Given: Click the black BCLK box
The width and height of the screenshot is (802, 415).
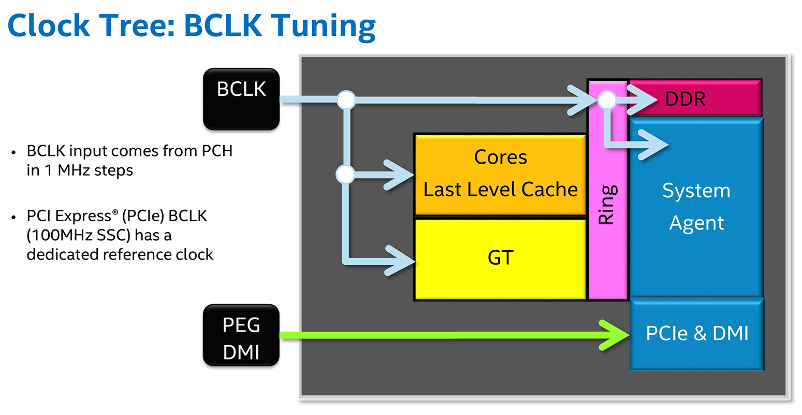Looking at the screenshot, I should pyautogui.click(x=241, y=98).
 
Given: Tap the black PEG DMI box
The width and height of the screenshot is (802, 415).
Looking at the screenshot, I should pyautogui.click(x=241, y=336).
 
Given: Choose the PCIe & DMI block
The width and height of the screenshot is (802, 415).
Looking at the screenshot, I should pyautogui.click(x=697, y=334).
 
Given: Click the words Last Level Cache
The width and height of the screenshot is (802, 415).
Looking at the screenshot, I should pyautogui.click(x=500, y=190).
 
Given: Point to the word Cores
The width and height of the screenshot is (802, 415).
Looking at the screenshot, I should pyautogui.click(x=500, y=157).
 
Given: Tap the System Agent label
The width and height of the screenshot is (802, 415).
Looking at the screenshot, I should pyautogui.click(x=696, y=207).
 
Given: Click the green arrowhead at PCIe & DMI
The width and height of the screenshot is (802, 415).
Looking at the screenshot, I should pyautogui.click(x=616, y=335).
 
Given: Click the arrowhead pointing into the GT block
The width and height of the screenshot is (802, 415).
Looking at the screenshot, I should pyautogui.click(x=401, y=260).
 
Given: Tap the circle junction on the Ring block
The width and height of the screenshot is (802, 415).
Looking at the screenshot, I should pyautogui.click(x=607, y=99).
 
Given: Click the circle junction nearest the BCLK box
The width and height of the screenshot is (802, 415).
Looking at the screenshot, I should pyautogui.click(x=346, y=99).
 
